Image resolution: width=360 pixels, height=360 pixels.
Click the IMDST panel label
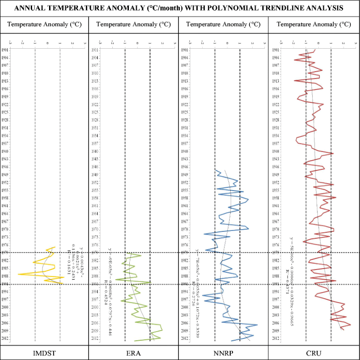pyautogui.click(x=44, y=353)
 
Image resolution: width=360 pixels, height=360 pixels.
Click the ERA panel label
pyautogui.click(x=134, y=353)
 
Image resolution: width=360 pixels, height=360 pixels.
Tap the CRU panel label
pyautogui.click(x=314, y=353)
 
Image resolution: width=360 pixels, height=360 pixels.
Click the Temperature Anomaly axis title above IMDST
pyautogui.click(x=44, y=24)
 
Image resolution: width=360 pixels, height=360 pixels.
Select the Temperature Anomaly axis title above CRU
pyautogui.click(x=314, y=24)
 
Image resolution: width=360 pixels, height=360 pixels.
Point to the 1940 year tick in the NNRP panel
pyautogui.click(x=185, y=152)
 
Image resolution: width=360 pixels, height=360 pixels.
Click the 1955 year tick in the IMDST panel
pyautogui.click(x=6, y=190)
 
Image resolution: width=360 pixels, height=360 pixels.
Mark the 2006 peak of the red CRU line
pyautogui.click(x=351, y=325)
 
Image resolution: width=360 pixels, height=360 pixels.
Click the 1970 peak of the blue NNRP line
pyautogui.click(x=248, y=228)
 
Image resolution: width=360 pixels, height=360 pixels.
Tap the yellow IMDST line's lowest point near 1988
pyautogui.click(x=18, y=274)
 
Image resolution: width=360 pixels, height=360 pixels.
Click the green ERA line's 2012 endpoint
pyautogui.click(x=134, y=340)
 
